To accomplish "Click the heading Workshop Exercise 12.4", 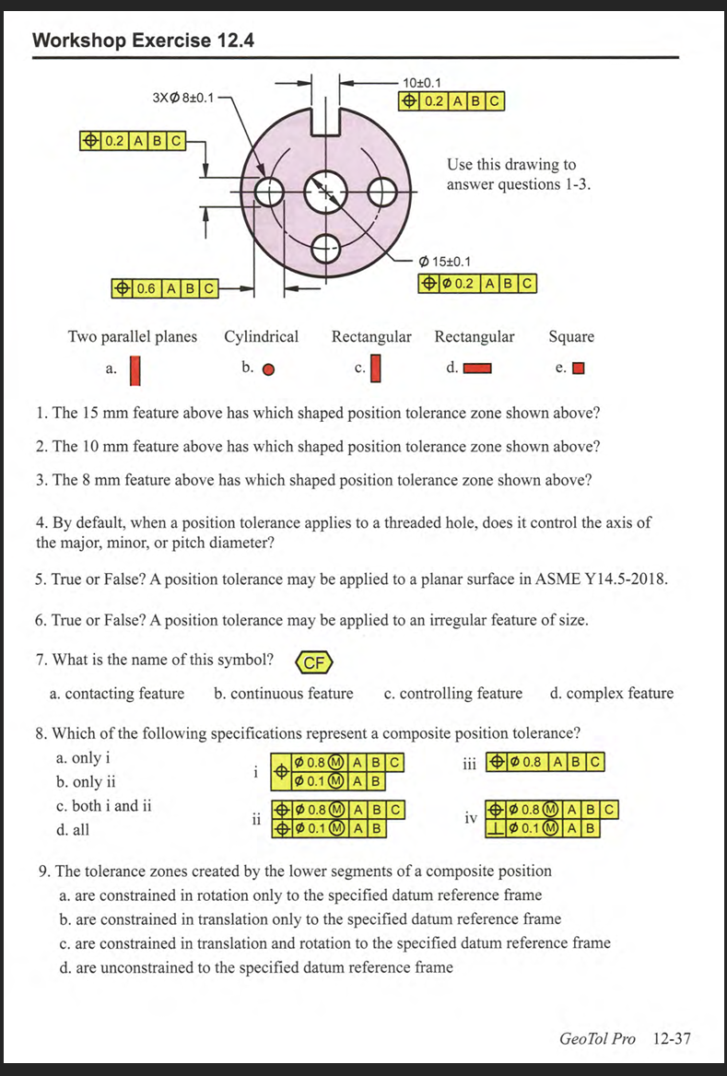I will (143, 41).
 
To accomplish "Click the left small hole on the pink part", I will (269, 193).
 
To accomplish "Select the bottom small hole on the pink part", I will (324, 246).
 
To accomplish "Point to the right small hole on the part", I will (381, 193).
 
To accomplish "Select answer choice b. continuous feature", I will (283, 693).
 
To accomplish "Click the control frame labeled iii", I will (545, 762).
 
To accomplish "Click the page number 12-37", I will (671, 1038).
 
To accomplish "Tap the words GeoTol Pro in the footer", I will (597, 1038).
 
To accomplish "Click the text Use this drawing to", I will (511, 165).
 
